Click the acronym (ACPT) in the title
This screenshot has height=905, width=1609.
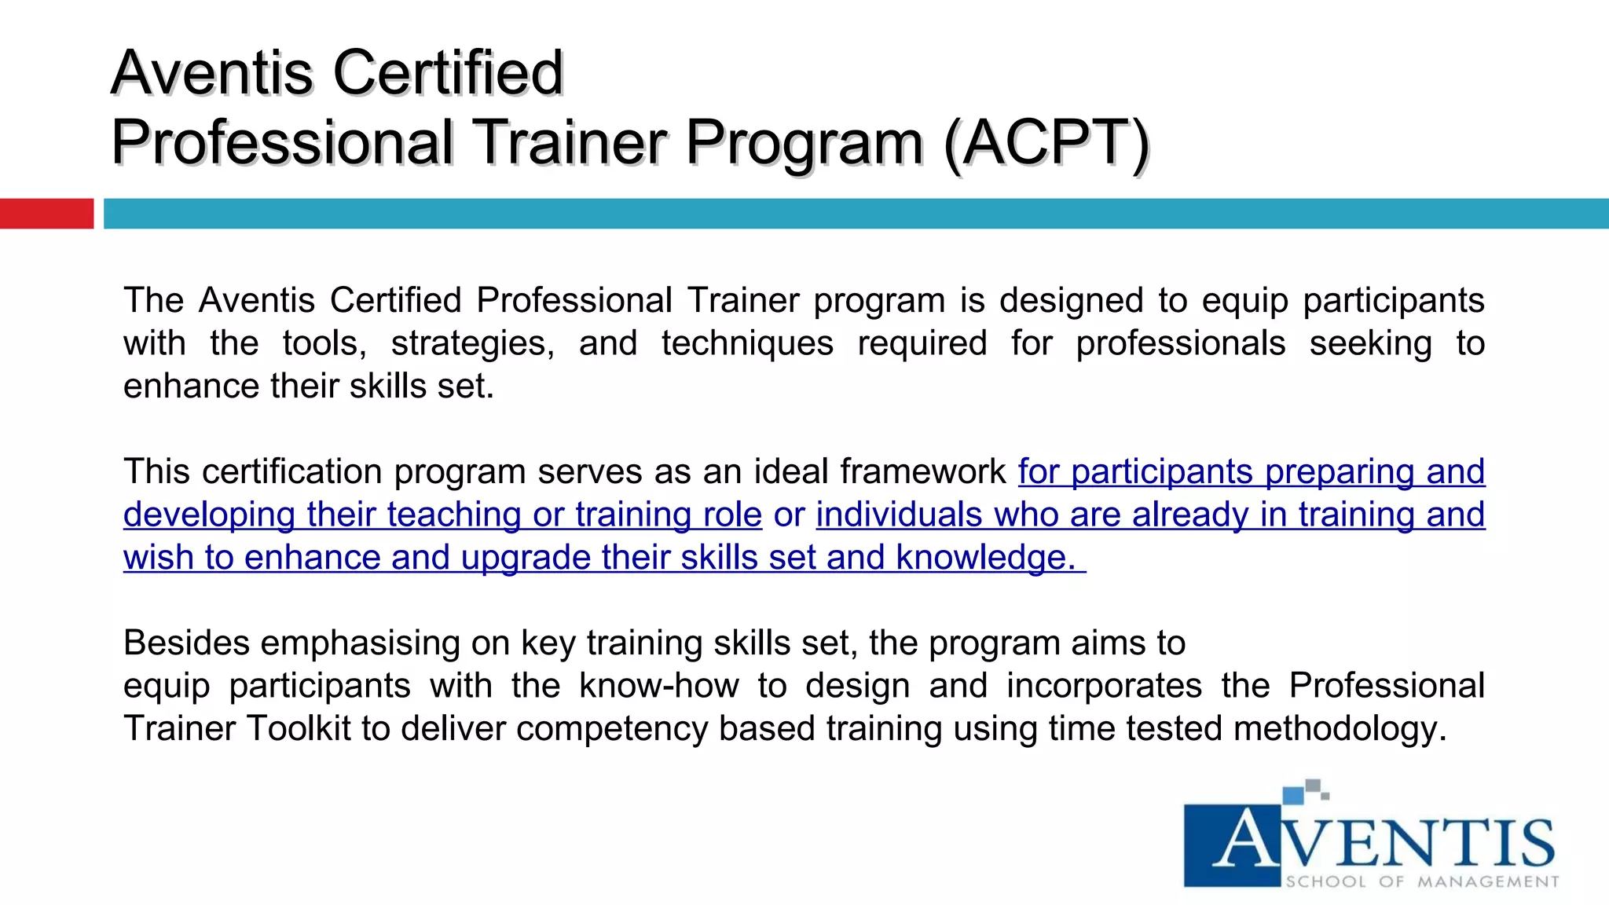click(1046, 143)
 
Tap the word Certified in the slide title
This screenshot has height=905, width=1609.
click(448, 73)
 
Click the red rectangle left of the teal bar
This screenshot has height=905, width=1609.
click(46, 214)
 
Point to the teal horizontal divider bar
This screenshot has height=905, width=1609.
click(856, 214)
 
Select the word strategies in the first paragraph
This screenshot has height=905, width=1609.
click(472, 343)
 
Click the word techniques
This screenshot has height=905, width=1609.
click(747, 343)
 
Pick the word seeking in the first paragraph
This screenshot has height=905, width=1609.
click(1370, 343)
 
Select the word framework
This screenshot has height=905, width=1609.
click(923, 472)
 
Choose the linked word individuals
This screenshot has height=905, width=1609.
click(899, 515)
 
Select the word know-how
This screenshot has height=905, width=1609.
click(659, 686)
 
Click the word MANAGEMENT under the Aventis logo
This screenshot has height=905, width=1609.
click(1488, 881)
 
